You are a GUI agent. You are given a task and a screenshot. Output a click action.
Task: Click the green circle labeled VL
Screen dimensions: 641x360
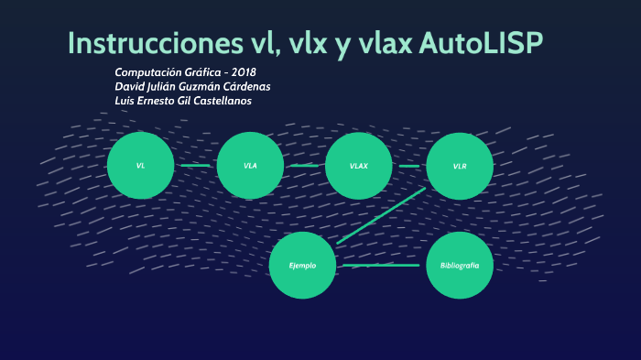pos(140,166)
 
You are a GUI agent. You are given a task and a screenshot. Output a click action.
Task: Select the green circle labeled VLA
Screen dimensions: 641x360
pos(250,166)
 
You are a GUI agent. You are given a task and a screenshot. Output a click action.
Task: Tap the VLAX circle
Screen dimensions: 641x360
pos(358,166)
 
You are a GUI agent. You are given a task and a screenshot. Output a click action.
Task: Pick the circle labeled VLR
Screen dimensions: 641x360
pos(460,166)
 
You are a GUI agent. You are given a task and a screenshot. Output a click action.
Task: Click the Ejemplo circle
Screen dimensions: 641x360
pos(302,265)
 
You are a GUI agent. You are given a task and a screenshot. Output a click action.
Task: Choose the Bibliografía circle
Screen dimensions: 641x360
pos(460,265)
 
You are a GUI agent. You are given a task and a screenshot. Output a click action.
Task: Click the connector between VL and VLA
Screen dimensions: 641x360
pos(195,166)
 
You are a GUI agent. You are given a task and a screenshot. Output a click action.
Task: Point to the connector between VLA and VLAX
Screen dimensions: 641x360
pos(304,166)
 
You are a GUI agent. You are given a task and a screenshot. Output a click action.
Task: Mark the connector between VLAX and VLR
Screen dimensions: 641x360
pos(409,166)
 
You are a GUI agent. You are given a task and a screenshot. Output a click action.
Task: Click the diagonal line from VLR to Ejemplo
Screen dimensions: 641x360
pos(381,215)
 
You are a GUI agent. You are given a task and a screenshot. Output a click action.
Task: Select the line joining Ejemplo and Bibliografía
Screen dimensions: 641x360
pos(381,265)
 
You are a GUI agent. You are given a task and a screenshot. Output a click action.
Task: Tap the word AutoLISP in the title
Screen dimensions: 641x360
pos(494,43)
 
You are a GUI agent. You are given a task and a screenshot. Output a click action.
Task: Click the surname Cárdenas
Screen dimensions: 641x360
pos(245,86)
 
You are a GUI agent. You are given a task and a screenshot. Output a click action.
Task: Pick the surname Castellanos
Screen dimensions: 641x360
pos(221,101)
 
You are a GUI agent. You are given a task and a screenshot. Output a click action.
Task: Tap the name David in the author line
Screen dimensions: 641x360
pos(129,86)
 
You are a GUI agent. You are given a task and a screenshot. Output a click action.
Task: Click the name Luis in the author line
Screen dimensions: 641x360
pos(125,101)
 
